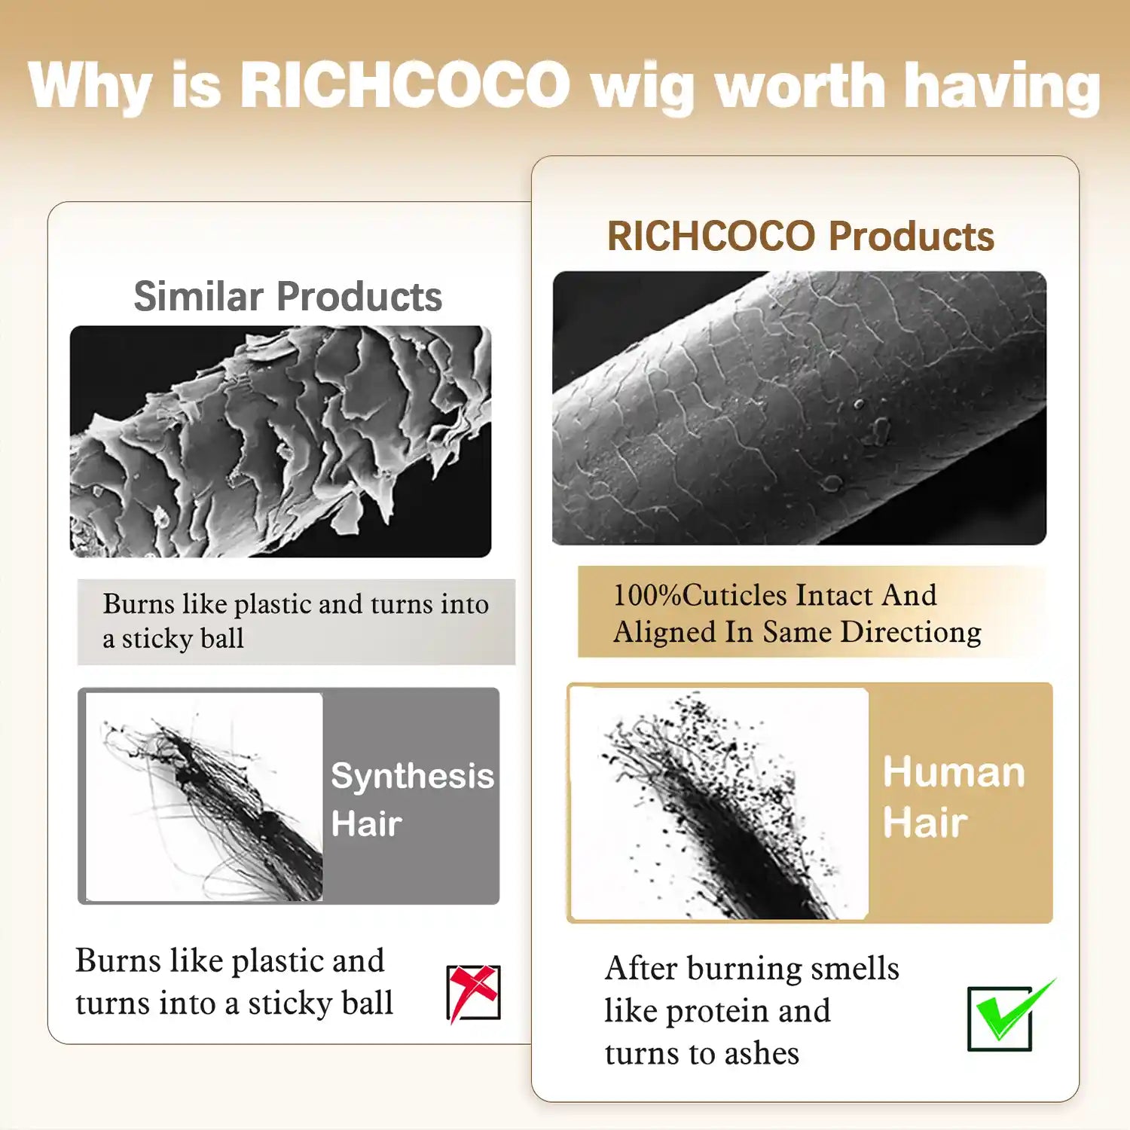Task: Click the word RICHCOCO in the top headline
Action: click(405, 84)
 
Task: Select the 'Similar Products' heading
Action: click(288, 296)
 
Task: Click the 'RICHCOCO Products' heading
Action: click(800, 236)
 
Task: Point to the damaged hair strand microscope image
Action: click(280, 441)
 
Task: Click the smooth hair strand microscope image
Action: click(799, 408)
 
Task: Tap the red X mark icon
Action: click(473, 992)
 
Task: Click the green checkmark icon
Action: click(1006, 1015)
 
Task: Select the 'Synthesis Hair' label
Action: click(411, 799)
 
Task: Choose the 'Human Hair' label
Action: click(954, 796)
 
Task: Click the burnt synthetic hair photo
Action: click(205, 796)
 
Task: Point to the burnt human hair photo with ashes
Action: click(719, 803)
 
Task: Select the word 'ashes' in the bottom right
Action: click(760, 1053)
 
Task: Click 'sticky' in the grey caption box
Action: click(157, 639)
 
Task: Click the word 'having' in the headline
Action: click(1002, 87)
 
